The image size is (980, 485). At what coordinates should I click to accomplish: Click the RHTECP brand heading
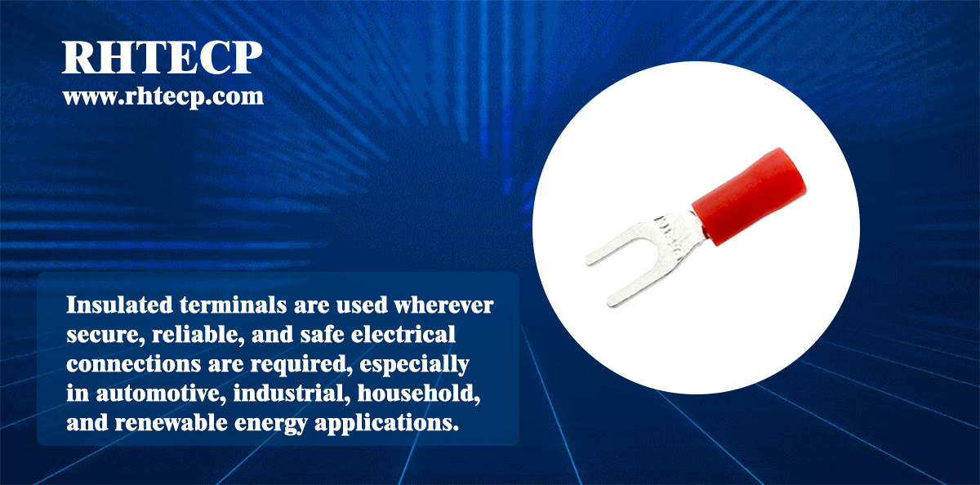click(x=162, y=57)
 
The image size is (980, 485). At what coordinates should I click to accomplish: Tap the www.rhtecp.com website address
click(x=163, y=96)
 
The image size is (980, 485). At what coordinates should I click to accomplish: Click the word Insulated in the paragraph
click(x=119, y=305)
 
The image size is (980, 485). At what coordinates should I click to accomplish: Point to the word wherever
click(x=443, y=305)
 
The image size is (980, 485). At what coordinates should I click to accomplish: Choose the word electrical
click(x=403, y=334)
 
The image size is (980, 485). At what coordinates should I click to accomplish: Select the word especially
click(x=414, y=365)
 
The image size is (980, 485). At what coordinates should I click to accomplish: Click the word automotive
click(x=162, y=394)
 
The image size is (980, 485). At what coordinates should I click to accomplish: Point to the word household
click(x=419, y=393)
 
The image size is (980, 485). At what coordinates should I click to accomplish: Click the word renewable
click(x=171, y=423)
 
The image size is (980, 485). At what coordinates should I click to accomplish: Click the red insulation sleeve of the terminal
click(x=749, y=196)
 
